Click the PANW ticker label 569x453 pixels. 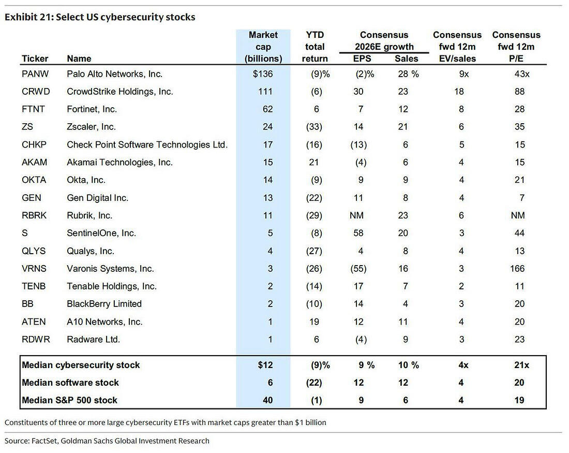point(35,74)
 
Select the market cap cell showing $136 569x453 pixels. point(263,74)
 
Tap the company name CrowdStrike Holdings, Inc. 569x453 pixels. point(120,92)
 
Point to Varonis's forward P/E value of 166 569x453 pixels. point(517,269)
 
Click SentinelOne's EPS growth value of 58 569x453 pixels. point(358,233)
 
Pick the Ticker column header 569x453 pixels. point(35,59)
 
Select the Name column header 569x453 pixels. point(79,59)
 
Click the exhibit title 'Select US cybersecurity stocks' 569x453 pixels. point(126,17)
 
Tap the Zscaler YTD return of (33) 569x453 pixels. point(314,127)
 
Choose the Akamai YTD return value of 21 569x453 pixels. point(314,163)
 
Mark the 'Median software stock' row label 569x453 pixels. point(70,383)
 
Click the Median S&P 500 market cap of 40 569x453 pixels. point(268,400)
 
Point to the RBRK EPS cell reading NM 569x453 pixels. point(356,215)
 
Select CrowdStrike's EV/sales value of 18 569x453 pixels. point(459,92)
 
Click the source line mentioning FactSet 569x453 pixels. point(107,441)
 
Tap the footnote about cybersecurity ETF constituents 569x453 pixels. point(166,422)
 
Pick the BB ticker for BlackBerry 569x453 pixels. point(27,304)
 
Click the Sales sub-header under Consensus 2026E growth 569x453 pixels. point(407,59)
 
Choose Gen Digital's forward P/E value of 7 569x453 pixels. point(522,198)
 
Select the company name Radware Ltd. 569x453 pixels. point(93,340)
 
